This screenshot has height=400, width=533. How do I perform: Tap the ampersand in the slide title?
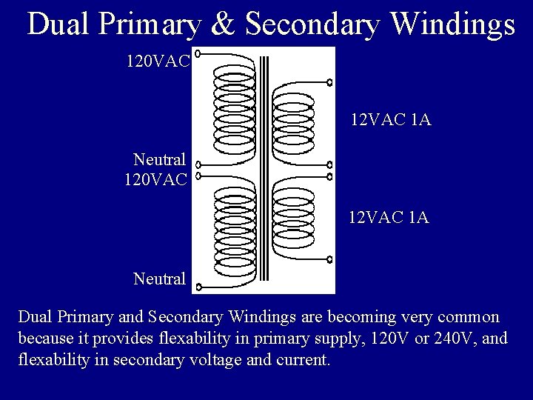[x=224, y=24]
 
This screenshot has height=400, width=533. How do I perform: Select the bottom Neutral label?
[x=159, y=279]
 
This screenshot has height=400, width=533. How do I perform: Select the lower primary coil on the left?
[x=234, y=233]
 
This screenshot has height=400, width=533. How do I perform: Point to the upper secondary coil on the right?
[x=295, y=123]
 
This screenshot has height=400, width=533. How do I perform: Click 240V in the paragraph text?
[x=440, y=340]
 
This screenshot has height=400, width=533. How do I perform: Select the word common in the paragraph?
[x=471, y=317]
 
